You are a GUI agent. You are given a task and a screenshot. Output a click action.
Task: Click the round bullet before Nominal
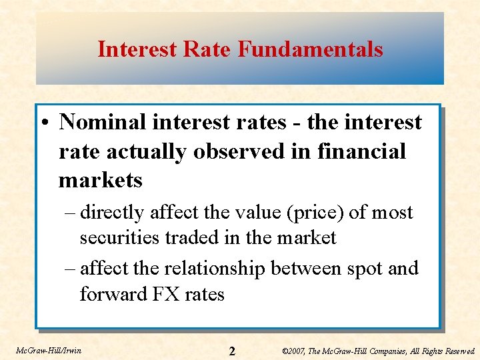click(x=47, y=123)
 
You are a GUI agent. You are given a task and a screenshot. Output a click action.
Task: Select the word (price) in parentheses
click(x=315, y=213)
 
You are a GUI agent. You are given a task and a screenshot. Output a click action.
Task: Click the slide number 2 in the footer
click(x=232, y=351)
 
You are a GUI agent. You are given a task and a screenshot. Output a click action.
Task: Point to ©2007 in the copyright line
click(x=295, y=351)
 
